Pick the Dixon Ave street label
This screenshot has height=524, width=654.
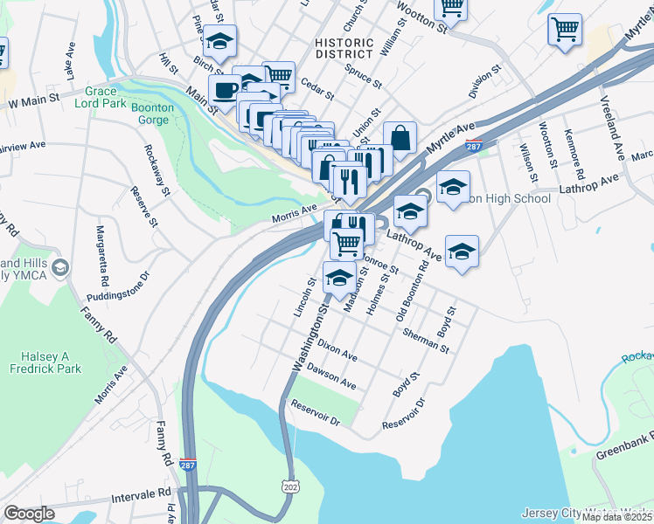click(337, 351)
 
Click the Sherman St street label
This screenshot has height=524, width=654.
click(427, 341)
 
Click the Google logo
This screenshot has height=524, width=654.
click(29, 514)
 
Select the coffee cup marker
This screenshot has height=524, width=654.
click(225, 90)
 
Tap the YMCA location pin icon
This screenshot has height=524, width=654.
click(60, 266)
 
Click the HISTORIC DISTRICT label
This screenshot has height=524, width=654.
click(344, 49)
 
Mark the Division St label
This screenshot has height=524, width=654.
click(484, 81)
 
